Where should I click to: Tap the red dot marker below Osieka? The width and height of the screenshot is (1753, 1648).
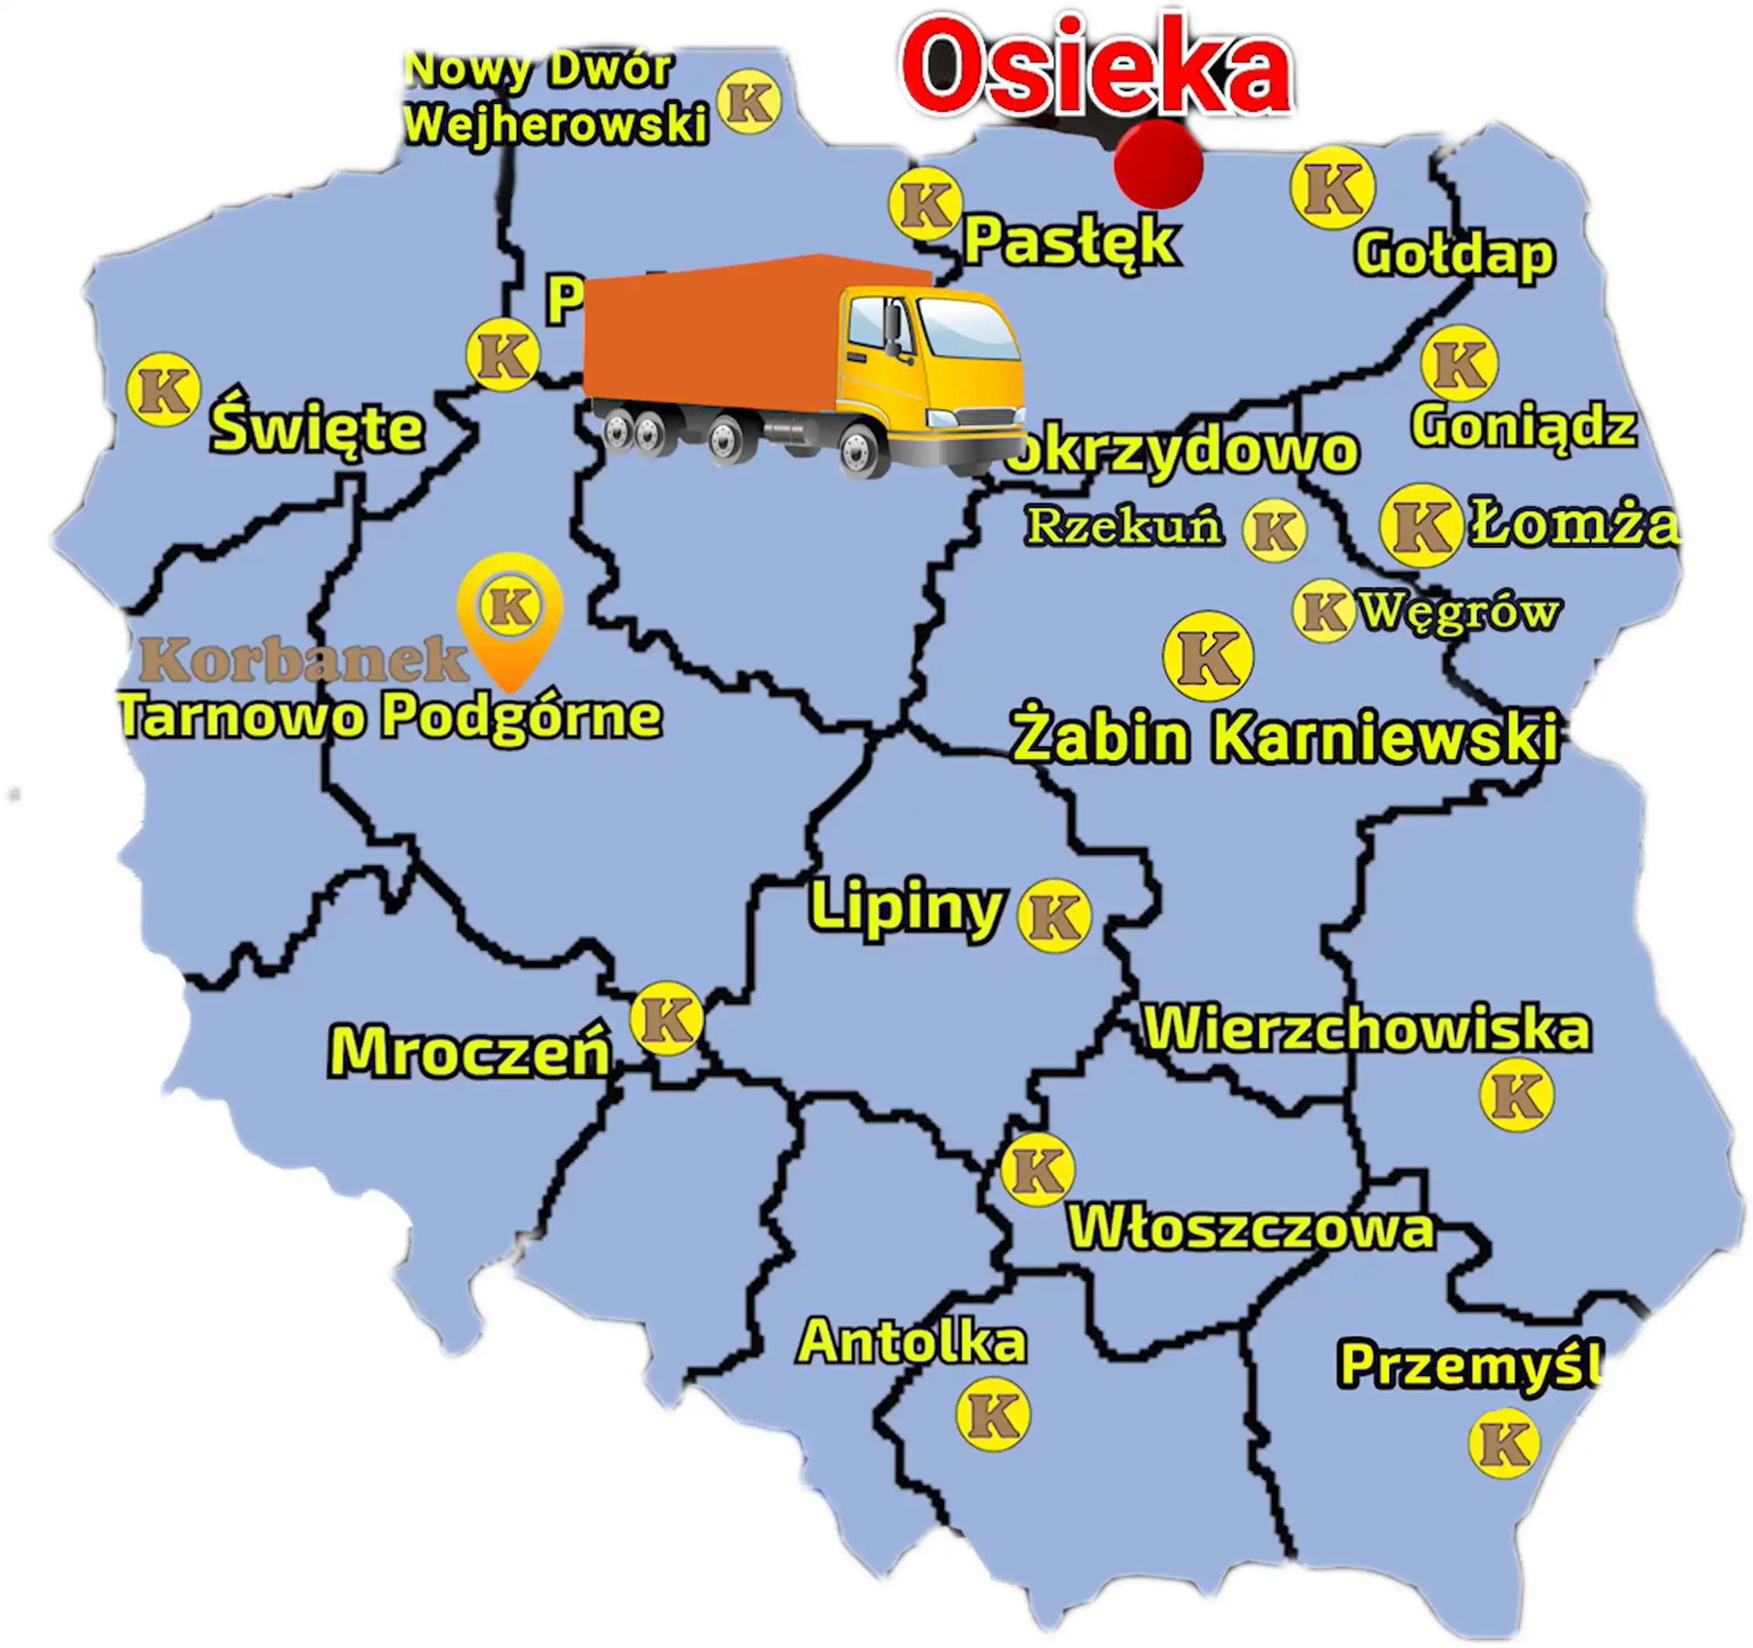point(1158,164)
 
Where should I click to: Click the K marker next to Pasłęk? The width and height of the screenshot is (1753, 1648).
point(924,204)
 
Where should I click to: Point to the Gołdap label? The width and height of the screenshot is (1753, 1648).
point(1454,255)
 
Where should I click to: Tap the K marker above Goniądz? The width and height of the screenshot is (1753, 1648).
point(1460,363)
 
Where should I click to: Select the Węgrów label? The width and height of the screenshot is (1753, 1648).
point(1459,611)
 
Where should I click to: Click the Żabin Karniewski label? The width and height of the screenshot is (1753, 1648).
point(1284,737)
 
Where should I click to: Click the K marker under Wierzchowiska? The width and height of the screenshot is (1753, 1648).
point(1517,1095)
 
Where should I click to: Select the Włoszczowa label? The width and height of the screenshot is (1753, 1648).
point(1251,1228)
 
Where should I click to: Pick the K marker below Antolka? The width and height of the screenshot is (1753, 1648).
point(993,1413)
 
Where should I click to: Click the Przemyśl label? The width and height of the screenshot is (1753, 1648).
point(1469,1365)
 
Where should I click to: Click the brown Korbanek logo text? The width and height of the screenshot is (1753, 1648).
point(303,660)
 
